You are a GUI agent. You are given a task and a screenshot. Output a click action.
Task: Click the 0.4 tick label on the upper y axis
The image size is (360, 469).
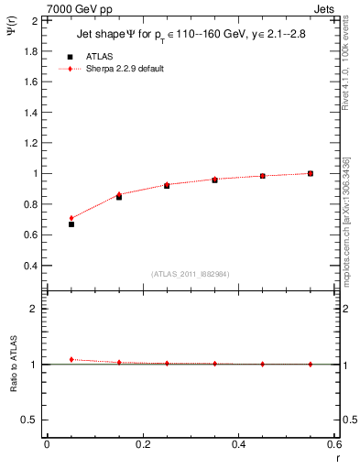click(31, 266)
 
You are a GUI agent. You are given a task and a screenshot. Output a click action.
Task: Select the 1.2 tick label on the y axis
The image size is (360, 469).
click(31, 143)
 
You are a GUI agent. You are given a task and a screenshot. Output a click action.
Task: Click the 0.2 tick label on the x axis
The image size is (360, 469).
click(142, 444)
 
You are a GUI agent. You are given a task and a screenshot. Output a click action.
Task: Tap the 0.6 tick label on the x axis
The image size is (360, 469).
click(334, 444)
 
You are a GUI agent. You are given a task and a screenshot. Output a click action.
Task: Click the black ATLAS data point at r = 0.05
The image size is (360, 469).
click(71, 224)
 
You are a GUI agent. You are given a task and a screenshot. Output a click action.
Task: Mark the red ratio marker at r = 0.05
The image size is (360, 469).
click(71, 359)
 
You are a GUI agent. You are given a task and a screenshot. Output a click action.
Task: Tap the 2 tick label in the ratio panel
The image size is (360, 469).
click(34, 309)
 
